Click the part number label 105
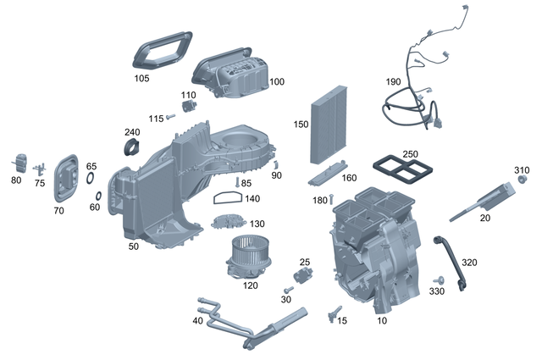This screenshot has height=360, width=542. click(x=141, y=78)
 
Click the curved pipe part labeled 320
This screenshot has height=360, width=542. click(x=449, y=263)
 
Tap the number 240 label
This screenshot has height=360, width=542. click(x=132, y=132)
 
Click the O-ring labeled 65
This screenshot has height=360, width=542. click(x=90, y=179)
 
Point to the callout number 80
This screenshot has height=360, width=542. click(x=16, y=180)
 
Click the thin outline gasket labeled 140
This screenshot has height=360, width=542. click(x=224, y=199)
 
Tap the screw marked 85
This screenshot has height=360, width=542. click(x=236, y=183)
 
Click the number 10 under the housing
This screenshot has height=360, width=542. click(x=382, y=321)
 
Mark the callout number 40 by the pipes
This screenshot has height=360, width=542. click(x=197, y=321)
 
